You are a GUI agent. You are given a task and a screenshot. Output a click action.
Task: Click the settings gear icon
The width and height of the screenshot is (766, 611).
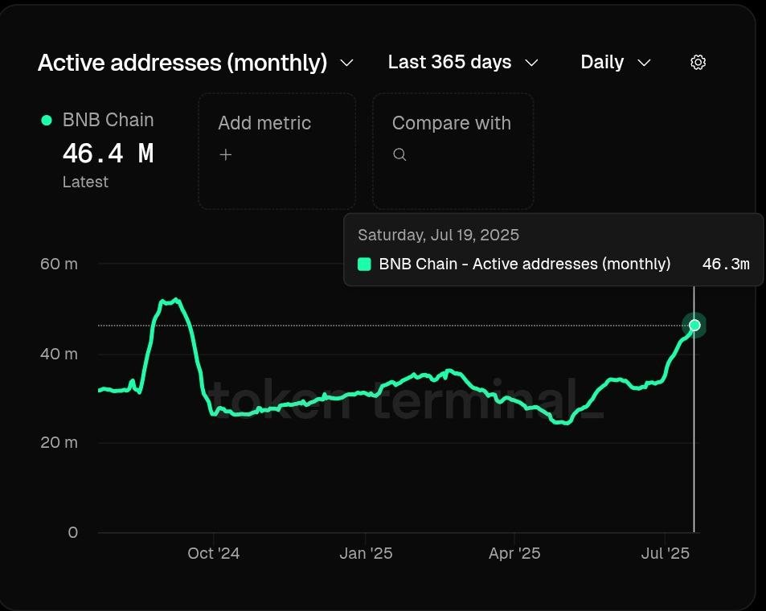(x=698, y=63)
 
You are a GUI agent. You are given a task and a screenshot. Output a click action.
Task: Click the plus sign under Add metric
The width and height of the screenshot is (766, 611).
(x=226, y=154)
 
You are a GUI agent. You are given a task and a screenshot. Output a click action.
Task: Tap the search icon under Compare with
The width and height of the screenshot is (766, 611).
(x=399, y=154)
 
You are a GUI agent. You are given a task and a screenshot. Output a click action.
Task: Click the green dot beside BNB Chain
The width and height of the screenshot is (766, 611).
(x=47, y=120)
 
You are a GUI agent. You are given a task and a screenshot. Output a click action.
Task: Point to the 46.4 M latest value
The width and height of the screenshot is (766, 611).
(x=108, y=153)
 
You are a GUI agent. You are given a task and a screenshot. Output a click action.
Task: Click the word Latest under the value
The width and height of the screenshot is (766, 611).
(x=85, y=182)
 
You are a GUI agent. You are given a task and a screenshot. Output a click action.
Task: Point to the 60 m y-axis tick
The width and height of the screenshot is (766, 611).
(x=59, y=264)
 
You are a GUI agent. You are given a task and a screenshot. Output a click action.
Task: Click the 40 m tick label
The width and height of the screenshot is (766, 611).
(x=59, y=354)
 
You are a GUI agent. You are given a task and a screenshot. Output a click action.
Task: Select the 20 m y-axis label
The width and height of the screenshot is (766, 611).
(x=59, y=442)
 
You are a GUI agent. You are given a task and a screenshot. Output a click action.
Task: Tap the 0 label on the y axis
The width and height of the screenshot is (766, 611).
(x=73, y=532)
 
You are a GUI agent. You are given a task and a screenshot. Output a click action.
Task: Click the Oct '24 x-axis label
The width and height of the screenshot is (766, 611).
(x=213, y=553)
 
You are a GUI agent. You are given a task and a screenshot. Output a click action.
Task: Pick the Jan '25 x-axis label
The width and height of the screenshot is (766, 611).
(x=366, y=553)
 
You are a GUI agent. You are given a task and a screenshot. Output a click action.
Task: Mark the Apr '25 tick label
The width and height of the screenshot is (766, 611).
(x=514, y=553)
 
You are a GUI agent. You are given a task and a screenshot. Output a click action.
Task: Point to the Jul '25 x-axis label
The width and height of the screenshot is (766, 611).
(x=665, y=553)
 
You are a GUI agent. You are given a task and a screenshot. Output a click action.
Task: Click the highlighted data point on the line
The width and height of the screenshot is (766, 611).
(x=694, y=326)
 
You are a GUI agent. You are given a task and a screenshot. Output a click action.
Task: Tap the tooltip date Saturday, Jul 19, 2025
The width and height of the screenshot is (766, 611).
(x=438, y=235)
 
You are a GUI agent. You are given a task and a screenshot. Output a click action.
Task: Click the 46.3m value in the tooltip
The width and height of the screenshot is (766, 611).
(x=725, y=264)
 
